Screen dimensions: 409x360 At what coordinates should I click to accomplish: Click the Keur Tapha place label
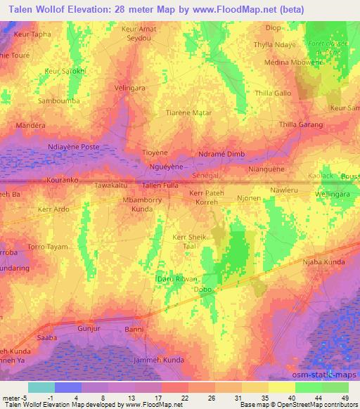(31, 34)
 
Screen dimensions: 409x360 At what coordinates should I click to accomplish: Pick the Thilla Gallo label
(273, 93)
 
